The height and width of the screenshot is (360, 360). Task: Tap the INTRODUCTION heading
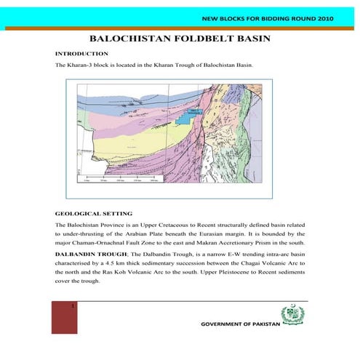pos(82,54)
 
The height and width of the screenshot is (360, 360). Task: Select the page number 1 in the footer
pos(73,307)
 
